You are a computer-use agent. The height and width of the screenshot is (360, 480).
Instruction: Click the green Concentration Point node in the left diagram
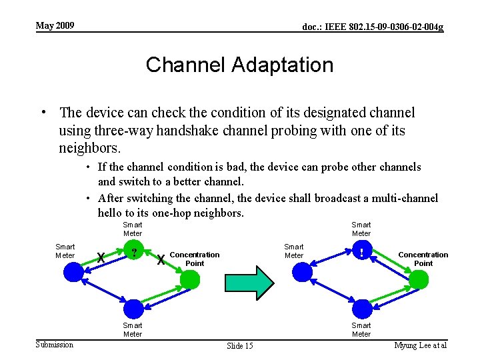point(191,279)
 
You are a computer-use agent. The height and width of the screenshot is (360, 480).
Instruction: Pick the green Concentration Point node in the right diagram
point(419,279)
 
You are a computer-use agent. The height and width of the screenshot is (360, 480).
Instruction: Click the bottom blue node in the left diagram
point(133,309)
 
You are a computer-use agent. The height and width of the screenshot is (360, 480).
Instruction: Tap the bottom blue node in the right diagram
point(361,309)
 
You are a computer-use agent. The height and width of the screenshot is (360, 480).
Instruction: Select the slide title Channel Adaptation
point(239,65)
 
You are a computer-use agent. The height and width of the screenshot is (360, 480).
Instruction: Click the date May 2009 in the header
point(55,26)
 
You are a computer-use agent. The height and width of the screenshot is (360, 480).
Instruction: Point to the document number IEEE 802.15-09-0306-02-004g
point(373,27)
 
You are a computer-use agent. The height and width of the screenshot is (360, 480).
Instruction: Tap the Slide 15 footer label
point(240,345)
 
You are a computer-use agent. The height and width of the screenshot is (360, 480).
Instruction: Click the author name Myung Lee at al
point(420,345)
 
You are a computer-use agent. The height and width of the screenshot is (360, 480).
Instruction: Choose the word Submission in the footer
point(55,345)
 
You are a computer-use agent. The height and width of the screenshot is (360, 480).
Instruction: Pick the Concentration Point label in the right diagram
point(423,259)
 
